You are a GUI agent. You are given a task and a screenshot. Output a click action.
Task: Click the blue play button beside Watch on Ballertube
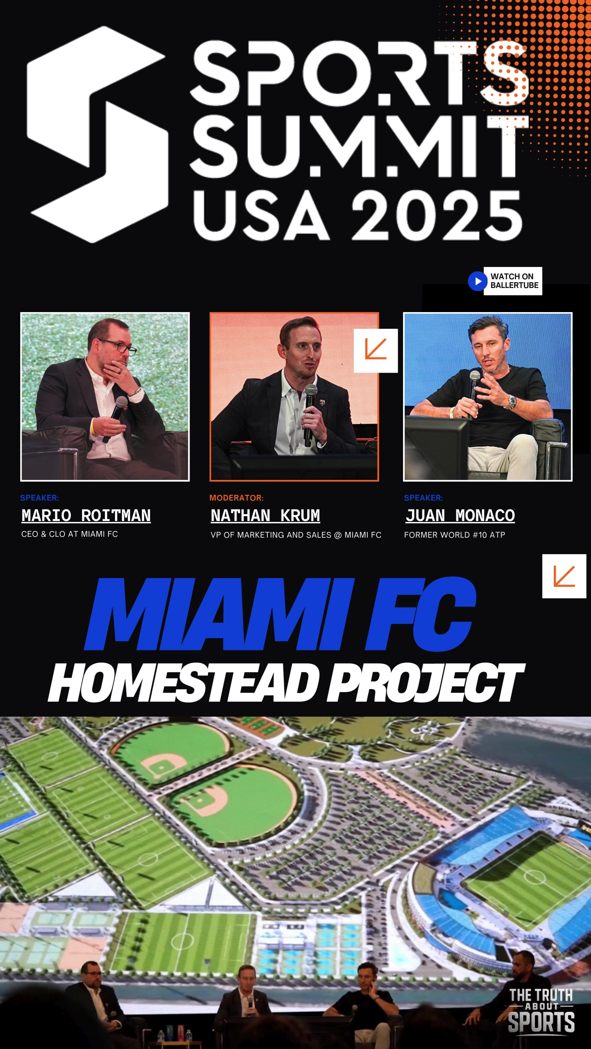477,281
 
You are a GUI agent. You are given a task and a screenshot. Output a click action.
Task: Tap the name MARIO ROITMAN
86,516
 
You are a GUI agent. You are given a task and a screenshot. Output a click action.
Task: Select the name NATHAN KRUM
265,516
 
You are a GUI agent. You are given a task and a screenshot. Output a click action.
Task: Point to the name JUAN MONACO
460,516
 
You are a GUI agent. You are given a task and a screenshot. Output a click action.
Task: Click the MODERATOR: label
236,498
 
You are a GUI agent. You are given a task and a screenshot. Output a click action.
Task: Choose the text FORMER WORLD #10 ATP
454,535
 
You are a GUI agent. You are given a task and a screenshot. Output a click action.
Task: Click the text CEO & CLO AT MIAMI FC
69,534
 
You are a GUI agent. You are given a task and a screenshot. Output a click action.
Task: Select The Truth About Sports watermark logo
541,1010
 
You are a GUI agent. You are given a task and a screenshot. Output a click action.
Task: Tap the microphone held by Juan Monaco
474,383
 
